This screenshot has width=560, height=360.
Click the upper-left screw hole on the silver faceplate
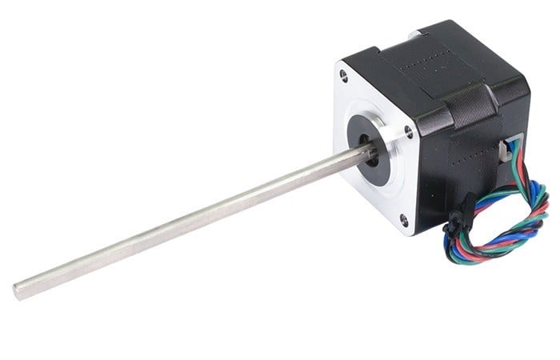344,76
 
